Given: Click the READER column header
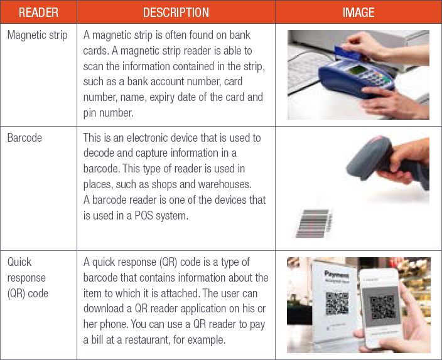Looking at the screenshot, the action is [x=39, y=13].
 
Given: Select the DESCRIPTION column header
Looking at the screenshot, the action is [x=176, y=13].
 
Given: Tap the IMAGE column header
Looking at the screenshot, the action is [x=358, y=13].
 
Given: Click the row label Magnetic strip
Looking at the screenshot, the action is [x=38, y=36].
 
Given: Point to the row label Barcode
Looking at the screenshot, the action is [x=24, y=138].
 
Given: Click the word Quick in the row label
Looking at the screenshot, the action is [x=19, y=262].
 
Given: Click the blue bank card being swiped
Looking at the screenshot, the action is [x=347, y=53].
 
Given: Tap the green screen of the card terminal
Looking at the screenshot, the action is [x=358, y=70].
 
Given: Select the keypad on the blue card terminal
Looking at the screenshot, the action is [x=376, y=75].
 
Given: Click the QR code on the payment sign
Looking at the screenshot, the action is [x=337, y=303].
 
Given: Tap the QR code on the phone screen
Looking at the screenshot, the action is [x=382, y=307].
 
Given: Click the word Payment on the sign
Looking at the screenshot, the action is [x=337, y=274].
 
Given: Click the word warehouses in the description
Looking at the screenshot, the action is [x=225, y=184].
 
